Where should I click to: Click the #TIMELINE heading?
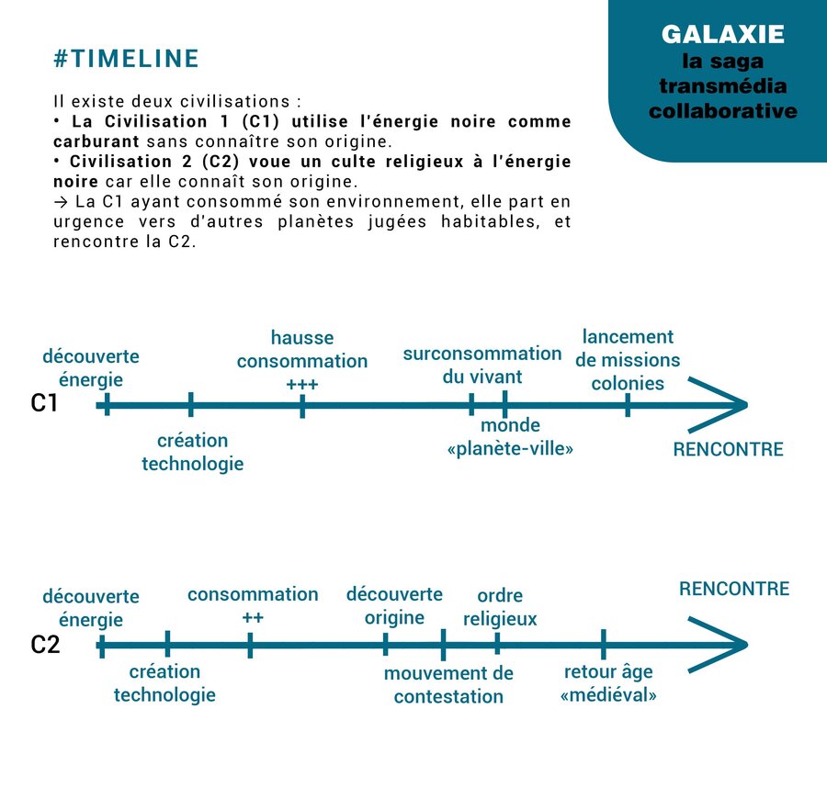pos(126,59)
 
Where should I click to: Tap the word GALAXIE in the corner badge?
pos(722,34)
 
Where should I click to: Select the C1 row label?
pos(44,403)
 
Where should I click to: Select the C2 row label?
pos(45,645)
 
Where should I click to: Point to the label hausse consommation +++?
pos(302,361)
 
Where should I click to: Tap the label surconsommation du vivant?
pos(482,365)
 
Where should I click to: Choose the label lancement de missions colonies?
pos(628,360)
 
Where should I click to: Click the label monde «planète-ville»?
pos(510,437)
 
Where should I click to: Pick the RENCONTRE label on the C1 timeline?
pos(729,449)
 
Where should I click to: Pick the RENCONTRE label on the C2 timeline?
pos(734,588)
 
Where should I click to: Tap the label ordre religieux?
pos(500,607)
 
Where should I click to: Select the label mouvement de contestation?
pos(448,685)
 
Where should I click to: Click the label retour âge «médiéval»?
pos(608,683)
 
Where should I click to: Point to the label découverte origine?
pos(394,605)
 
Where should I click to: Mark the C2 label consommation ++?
pos(253,605)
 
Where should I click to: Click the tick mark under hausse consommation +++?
pos(302,405)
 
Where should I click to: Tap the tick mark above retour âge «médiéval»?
pos(604,644)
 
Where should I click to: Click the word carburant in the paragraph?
pos(96,141)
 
